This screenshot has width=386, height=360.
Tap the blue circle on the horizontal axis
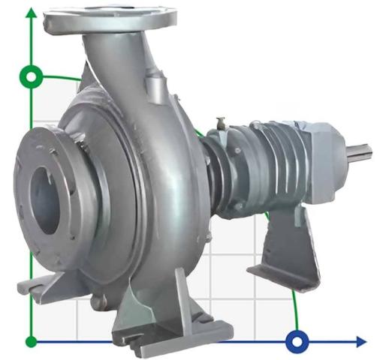pyautogui.click(x=297, y=342)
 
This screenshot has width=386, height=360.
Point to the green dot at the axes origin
pyautogui.click(x=32, y=342)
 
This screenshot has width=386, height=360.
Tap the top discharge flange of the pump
pyautogui.click(x=110, y=18)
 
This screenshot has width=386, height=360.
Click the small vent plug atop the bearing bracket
pyautogui.click(x=221, y=121)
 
